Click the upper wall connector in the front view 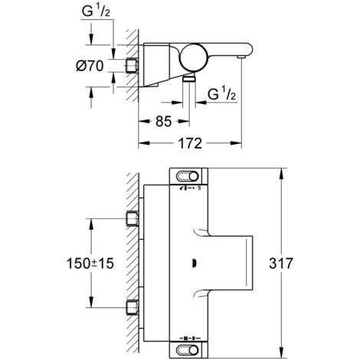pyautogui.click(x=131, y=218)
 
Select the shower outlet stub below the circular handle pyautogui.click(x=188, y=80)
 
